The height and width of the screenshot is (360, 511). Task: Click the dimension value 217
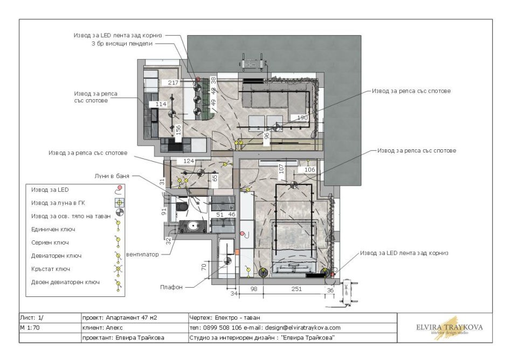[x=173, y=83]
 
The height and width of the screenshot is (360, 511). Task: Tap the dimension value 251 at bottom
[x=296, y=289]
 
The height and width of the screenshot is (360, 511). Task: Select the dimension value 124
[x=188, y=161]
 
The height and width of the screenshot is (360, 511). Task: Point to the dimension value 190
[x=302, y=117]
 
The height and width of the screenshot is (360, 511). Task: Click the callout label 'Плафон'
[x=171, y=287]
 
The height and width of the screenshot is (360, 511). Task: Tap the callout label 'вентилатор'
[x=142, y=254]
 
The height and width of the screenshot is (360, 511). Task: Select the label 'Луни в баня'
[x=112, y=176]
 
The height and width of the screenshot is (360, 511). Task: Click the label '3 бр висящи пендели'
[x=122, y=44]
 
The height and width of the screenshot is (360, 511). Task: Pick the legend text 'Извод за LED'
[x=50, y=190]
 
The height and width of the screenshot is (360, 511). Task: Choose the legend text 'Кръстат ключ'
[x=51, y=269]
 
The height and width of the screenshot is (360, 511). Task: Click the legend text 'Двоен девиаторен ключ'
[x=65, y=282]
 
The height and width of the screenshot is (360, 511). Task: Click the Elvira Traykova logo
[x=450, y=328]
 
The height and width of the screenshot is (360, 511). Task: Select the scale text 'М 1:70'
[x=30, y=328]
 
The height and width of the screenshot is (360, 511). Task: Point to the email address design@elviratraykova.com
[x=303, y=328]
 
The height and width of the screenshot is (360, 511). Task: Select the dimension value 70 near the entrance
[x=204, y=267]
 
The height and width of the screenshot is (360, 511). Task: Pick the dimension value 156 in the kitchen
[x=178, y=130]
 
